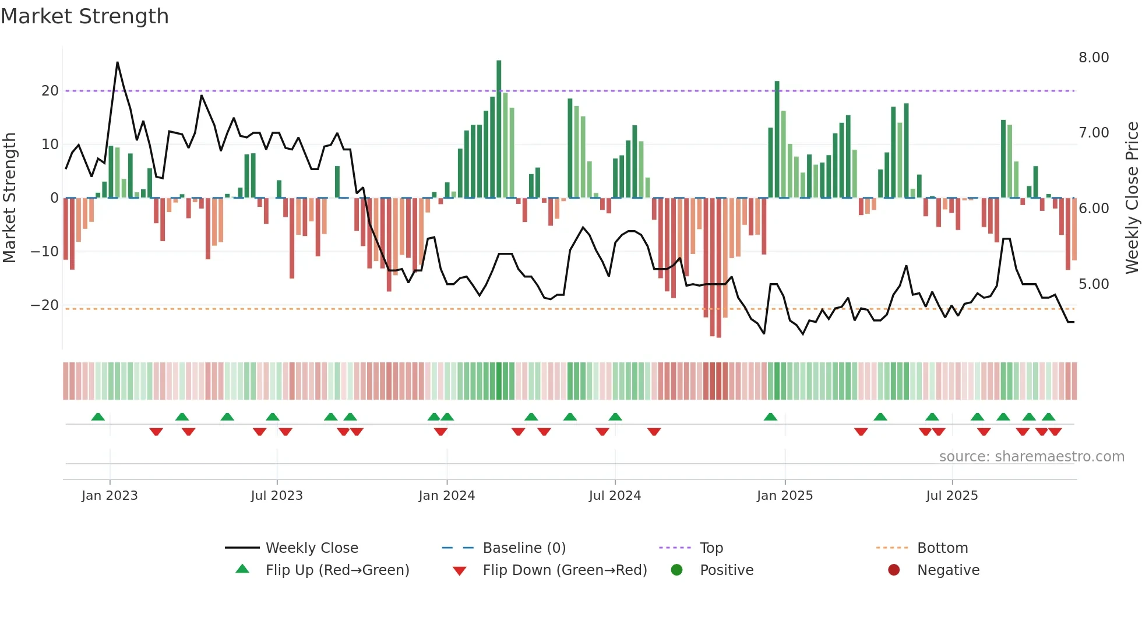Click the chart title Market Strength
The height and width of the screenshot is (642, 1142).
tap(84, 16)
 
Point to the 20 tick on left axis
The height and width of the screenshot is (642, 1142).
tap(50, 91)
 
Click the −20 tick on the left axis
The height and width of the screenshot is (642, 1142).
tap(45, 305)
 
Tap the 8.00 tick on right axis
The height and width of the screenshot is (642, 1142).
tap(1094, 58)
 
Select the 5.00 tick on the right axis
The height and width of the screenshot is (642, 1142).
tap(1094, 284)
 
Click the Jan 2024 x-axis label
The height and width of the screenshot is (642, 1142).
tap(446, 496)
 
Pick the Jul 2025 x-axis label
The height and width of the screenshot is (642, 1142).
tap(951, 496)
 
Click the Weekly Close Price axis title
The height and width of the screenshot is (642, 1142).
tap(1132, 198)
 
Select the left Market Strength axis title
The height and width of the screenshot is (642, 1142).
tap(9, 198)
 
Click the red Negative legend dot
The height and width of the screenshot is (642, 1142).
tap(894, 570)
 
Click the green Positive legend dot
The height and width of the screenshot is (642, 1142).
tap(676, 570)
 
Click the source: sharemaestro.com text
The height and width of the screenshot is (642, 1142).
tap(1031, 457)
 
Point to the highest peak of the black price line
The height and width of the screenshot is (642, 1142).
tap(118, 62)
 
